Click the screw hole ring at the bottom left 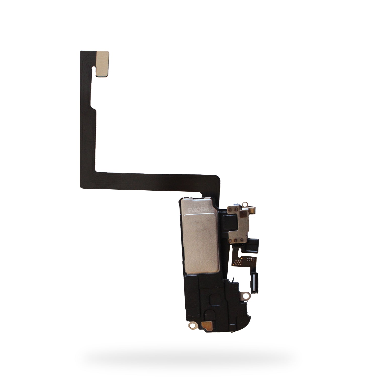point(193,326)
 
